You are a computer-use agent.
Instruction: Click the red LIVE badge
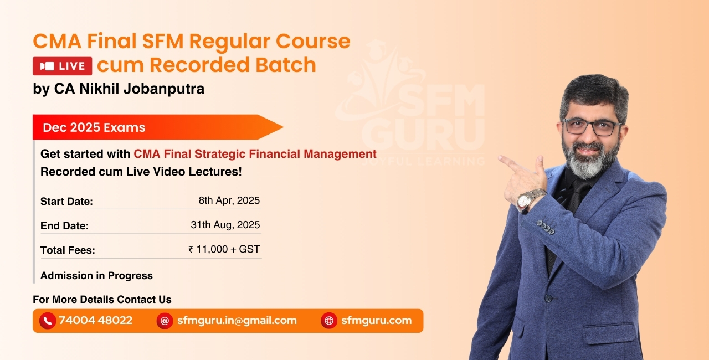62,66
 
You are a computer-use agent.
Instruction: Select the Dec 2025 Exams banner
94,127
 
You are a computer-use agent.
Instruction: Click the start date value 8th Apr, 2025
229,200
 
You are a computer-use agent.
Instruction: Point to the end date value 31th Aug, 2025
225,225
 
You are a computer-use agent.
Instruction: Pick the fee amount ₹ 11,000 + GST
224,249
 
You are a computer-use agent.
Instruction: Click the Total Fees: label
68,250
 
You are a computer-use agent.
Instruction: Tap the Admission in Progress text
96,275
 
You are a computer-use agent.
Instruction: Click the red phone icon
48,321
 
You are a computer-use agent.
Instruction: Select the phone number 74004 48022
95,320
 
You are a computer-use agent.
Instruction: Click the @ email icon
165,321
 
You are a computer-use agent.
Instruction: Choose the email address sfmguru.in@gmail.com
237,320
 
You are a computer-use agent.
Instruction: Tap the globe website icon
329,321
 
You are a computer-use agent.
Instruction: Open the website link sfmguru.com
376,320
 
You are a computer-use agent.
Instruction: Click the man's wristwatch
531,198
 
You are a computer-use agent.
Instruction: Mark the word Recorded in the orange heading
196,65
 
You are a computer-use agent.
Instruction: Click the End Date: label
64,226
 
